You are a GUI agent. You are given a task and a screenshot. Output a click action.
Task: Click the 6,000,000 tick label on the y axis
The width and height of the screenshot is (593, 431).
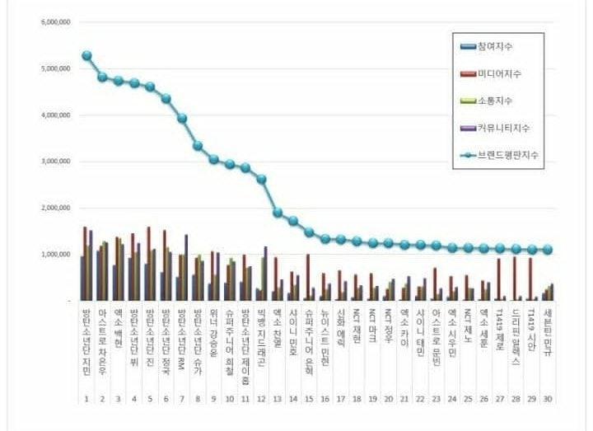coord(54,22)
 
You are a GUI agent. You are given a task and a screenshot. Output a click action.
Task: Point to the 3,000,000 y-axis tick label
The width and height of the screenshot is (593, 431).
coord(54,162)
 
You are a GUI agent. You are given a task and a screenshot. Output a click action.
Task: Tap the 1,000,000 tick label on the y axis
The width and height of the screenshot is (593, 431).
coord(54,255)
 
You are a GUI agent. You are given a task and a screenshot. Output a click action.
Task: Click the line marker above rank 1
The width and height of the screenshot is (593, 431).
coord(86,56)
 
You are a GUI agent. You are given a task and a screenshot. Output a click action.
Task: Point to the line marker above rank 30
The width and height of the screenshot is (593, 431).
coord(549,250)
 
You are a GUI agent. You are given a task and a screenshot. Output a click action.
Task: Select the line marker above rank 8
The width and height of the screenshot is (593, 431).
coord(198,146)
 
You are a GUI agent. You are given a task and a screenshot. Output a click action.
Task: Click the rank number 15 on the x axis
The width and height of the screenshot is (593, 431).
coord(309,399)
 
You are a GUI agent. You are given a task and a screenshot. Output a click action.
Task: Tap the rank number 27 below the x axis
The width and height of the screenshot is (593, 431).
coord(500,399)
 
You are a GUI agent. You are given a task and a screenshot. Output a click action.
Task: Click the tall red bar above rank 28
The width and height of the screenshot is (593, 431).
coord(515,279)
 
